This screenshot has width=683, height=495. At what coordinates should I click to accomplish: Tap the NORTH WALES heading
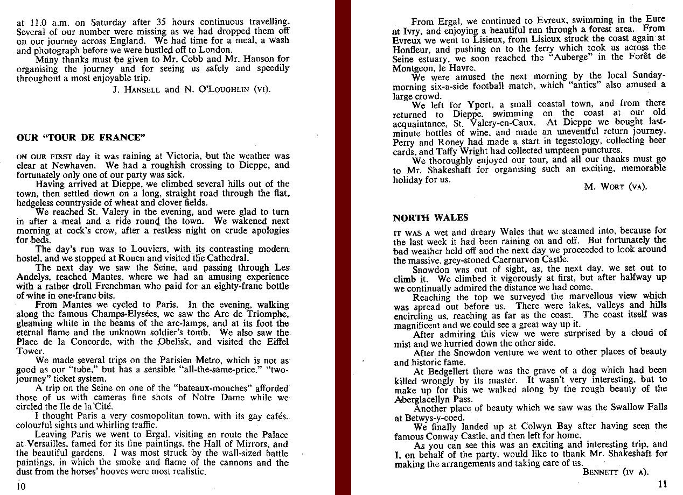[430, 218]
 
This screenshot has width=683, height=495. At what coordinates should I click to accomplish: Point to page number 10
[21, 487]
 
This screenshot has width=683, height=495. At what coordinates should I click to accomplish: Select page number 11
[662, 484]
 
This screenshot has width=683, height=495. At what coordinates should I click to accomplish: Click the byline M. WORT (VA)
[615, 187]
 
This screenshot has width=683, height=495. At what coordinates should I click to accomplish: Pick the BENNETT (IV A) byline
[616, 472]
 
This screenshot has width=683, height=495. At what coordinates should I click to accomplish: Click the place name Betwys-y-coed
[435, 417]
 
